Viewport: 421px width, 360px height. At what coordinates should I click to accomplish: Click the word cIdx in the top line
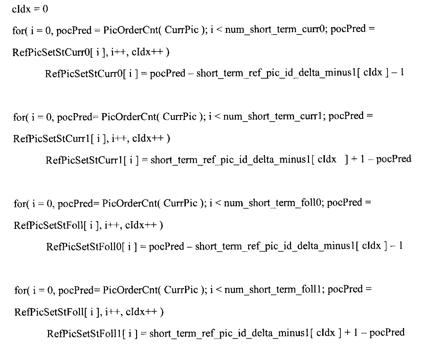[x=21, y=9]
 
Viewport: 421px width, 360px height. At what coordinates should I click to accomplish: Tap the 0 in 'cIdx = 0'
[x=45, y=9]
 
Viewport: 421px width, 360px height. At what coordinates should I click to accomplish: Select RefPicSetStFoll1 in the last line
[x=84, y=333]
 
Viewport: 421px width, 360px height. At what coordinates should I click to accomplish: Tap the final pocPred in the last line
[x=387, y=333]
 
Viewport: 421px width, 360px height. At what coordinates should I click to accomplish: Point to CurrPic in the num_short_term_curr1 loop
[x=179, y=117]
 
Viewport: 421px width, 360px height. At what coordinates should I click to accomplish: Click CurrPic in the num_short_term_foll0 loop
[x=180, y=203]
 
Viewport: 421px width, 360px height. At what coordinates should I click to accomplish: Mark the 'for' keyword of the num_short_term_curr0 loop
[x=19, y=30]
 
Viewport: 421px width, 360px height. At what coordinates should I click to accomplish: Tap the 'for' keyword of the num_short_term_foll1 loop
[x=21, y=290]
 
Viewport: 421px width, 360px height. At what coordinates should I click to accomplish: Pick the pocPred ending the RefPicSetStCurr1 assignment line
[x=394, y=160]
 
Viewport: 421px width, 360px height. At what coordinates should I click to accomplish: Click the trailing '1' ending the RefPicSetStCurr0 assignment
[x=402, y=72]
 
